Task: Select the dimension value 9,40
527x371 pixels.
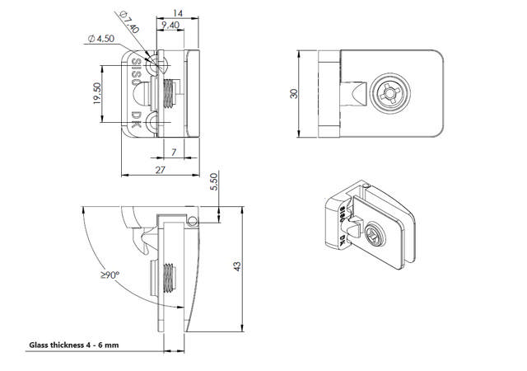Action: pos(172,26)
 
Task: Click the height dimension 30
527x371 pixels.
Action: pos(295,95)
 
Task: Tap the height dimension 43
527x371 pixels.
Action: pos(237,266)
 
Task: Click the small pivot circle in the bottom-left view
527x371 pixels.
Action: pos(193,220)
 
